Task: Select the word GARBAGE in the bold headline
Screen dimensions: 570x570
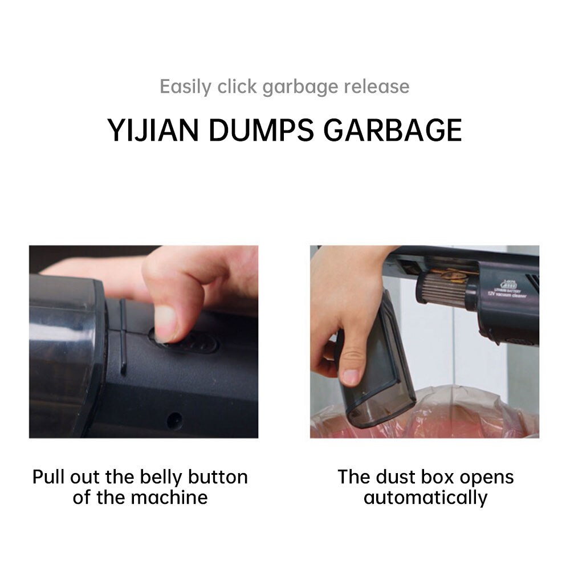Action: [393, 130]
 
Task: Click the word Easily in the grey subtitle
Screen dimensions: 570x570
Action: [186, 87]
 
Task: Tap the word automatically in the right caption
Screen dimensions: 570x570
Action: [425, 497]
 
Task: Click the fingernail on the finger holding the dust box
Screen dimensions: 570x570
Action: [352, 377]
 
